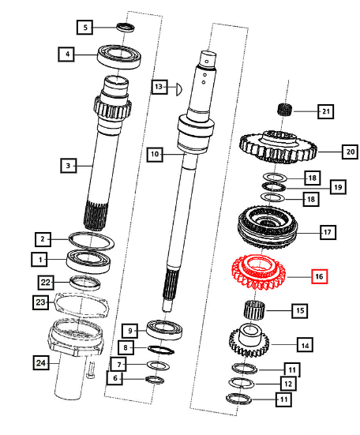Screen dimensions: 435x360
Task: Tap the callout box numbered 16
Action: click(x=319, y=276)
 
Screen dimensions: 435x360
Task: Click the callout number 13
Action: click(x=159, y=87)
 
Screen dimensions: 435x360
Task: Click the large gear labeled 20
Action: click(x=277, y=146)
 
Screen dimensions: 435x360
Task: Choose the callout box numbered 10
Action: click(x=154, y=156)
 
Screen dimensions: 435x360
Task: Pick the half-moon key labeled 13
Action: click(x=179, y=87)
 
